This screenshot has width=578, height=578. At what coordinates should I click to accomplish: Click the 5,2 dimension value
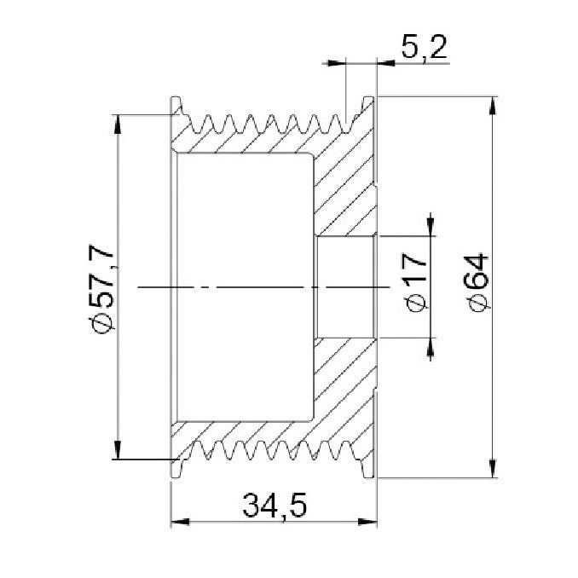coord(425,48)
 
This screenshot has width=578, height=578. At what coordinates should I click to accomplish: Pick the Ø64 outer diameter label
coord(477,283)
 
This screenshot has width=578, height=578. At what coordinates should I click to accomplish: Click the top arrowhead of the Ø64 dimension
coord(493,106)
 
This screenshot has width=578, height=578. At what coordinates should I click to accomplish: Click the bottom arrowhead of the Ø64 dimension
coord(493,469)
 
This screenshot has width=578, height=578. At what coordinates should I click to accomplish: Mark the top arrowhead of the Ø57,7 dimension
coord(118,124)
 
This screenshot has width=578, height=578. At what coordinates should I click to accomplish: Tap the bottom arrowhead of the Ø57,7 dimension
coord(118,450)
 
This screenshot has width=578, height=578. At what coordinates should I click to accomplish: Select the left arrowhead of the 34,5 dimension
coord(181,522)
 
